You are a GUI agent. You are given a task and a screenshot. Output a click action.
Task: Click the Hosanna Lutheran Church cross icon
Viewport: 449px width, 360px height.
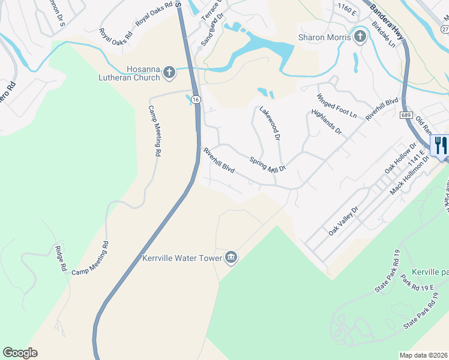169,73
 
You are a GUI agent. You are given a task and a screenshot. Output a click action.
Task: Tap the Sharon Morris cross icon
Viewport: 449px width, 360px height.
360,38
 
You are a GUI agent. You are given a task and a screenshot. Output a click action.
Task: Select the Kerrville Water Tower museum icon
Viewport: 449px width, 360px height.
231,259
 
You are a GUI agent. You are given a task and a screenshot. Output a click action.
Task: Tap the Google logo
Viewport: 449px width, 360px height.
20,353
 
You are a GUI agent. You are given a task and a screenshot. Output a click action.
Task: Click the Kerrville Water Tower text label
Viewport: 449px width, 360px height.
182,259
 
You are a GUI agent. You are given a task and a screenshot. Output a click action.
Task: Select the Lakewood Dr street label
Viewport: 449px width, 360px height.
270,124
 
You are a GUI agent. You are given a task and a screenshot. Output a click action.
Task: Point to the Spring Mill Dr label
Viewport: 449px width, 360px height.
268,164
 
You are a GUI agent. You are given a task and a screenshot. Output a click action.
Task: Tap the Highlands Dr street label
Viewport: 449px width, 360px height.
327,122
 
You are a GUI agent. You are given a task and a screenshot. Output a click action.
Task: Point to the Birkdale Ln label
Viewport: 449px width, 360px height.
384,34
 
